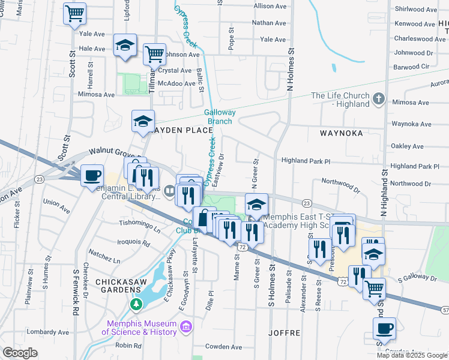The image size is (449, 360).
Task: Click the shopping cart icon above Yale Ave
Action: [x=74, y=13]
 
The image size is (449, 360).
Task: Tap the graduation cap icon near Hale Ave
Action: [x=125, y=46]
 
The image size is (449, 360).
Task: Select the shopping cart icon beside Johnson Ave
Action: [x=155, y=54]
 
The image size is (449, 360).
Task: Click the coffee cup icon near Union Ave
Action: [x=92, y=175]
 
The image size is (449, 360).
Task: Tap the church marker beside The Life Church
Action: [x=378, y=98]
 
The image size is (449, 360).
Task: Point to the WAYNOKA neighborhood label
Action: [x=337, y=133]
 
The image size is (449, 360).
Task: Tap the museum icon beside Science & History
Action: [x=186, y=326]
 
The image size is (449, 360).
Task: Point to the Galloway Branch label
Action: [x=220, y=116]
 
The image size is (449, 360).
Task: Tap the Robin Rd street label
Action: [x=127, y=346]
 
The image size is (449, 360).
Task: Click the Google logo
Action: [x=20, y=353]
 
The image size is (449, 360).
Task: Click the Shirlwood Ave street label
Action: [x=415, y=10]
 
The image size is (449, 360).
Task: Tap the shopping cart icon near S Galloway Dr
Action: [x=375, y=289]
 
